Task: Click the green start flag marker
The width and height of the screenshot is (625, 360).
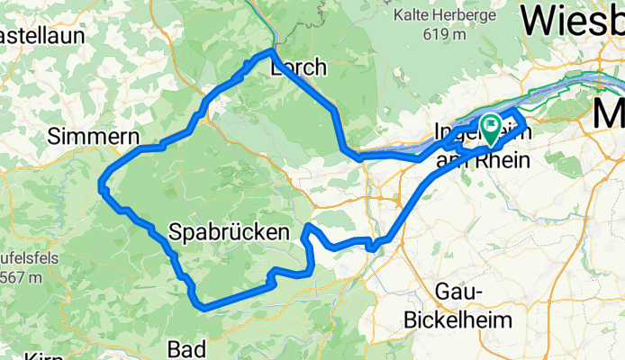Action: click(x=492, y=128)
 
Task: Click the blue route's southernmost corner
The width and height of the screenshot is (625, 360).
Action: click(x=206, y=307)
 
